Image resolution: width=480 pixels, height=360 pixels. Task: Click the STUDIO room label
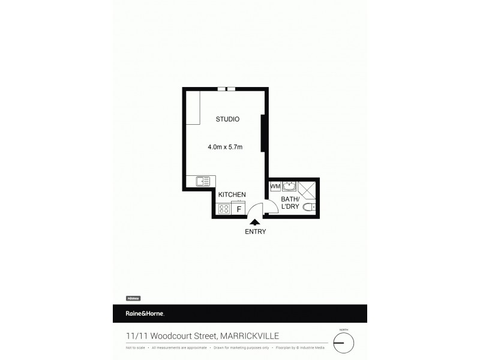point(227,119)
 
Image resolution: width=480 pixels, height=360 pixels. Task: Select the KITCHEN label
point(232,194)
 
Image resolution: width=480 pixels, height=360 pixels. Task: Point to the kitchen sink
point(202,181)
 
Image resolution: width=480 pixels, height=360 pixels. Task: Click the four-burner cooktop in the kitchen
point(224,209)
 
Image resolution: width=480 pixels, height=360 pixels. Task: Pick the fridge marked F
point(239,209)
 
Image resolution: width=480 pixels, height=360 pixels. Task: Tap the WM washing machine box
point(275,187)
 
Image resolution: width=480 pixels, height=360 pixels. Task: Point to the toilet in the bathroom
point(309,208)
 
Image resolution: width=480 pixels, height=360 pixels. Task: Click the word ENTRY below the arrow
point(255,232)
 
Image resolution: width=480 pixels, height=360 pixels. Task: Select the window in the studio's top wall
point(226,89)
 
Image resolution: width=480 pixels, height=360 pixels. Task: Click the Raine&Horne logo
point(145,314)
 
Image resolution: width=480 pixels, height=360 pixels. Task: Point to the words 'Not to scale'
point(136,347)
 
